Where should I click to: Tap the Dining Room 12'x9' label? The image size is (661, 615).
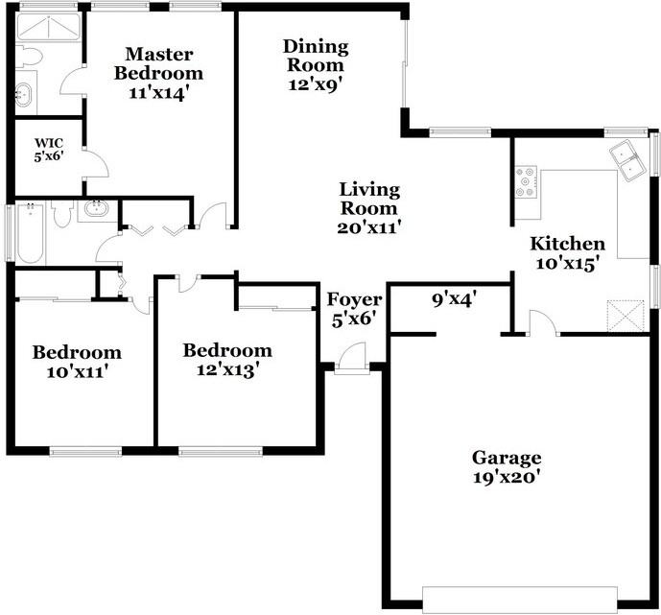[316, 64]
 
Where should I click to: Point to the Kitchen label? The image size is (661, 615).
[568, 244]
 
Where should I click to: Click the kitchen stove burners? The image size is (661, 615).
[527, 182]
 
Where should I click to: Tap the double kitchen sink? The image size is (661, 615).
[630, 162]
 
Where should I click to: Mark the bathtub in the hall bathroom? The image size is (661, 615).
[30, 232]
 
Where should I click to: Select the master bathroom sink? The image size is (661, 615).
[24, 94]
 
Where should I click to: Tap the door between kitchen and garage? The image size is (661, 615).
[543, 324]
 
